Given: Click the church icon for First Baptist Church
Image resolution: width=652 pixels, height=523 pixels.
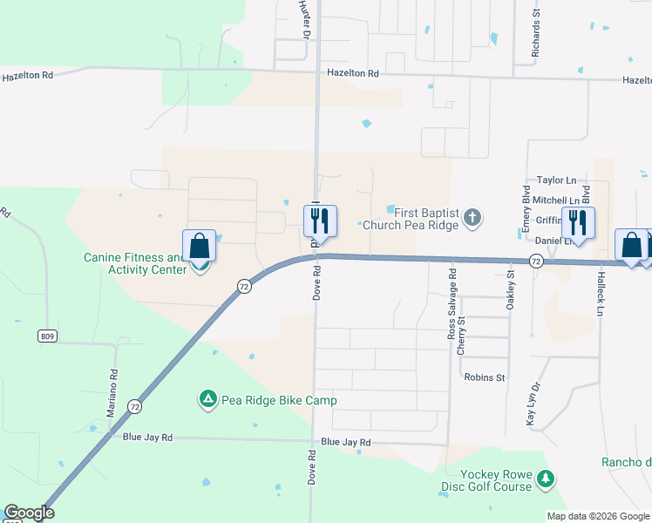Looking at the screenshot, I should [x=472, y=218].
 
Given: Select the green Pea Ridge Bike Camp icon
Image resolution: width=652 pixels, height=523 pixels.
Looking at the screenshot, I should [x=207, y=400].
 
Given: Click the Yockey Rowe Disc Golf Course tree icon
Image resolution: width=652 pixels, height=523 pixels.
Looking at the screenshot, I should [x=546, y=479].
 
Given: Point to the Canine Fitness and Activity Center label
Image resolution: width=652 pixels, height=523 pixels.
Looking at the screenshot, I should [x=135, y=263].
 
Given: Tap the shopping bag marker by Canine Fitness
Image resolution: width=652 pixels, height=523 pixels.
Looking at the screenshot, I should [x=199, y=247].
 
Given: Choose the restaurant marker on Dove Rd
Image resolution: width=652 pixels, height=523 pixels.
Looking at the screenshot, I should [x=321, y=222].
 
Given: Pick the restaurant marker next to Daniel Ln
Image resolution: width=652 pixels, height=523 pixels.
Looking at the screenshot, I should [x=577, y=223].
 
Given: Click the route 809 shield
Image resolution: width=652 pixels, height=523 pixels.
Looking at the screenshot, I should [x=49, y=336].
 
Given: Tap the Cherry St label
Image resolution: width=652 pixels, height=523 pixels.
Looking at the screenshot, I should [x=462, y=335].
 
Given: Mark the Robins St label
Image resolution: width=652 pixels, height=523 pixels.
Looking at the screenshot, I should [x=485, y=377].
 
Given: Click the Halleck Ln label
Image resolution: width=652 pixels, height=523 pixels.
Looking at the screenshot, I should [x=601, y=293].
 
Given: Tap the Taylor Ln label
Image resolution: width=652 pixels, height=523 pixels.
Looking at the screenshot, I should [x=557, y=180].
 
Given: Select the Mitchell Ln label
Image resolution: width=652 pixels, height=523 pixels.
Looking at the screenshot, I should [x=555, y=200].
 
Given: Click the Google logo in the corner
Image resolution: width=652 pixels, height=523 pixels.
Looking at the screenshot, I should [x=29, y=513].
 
